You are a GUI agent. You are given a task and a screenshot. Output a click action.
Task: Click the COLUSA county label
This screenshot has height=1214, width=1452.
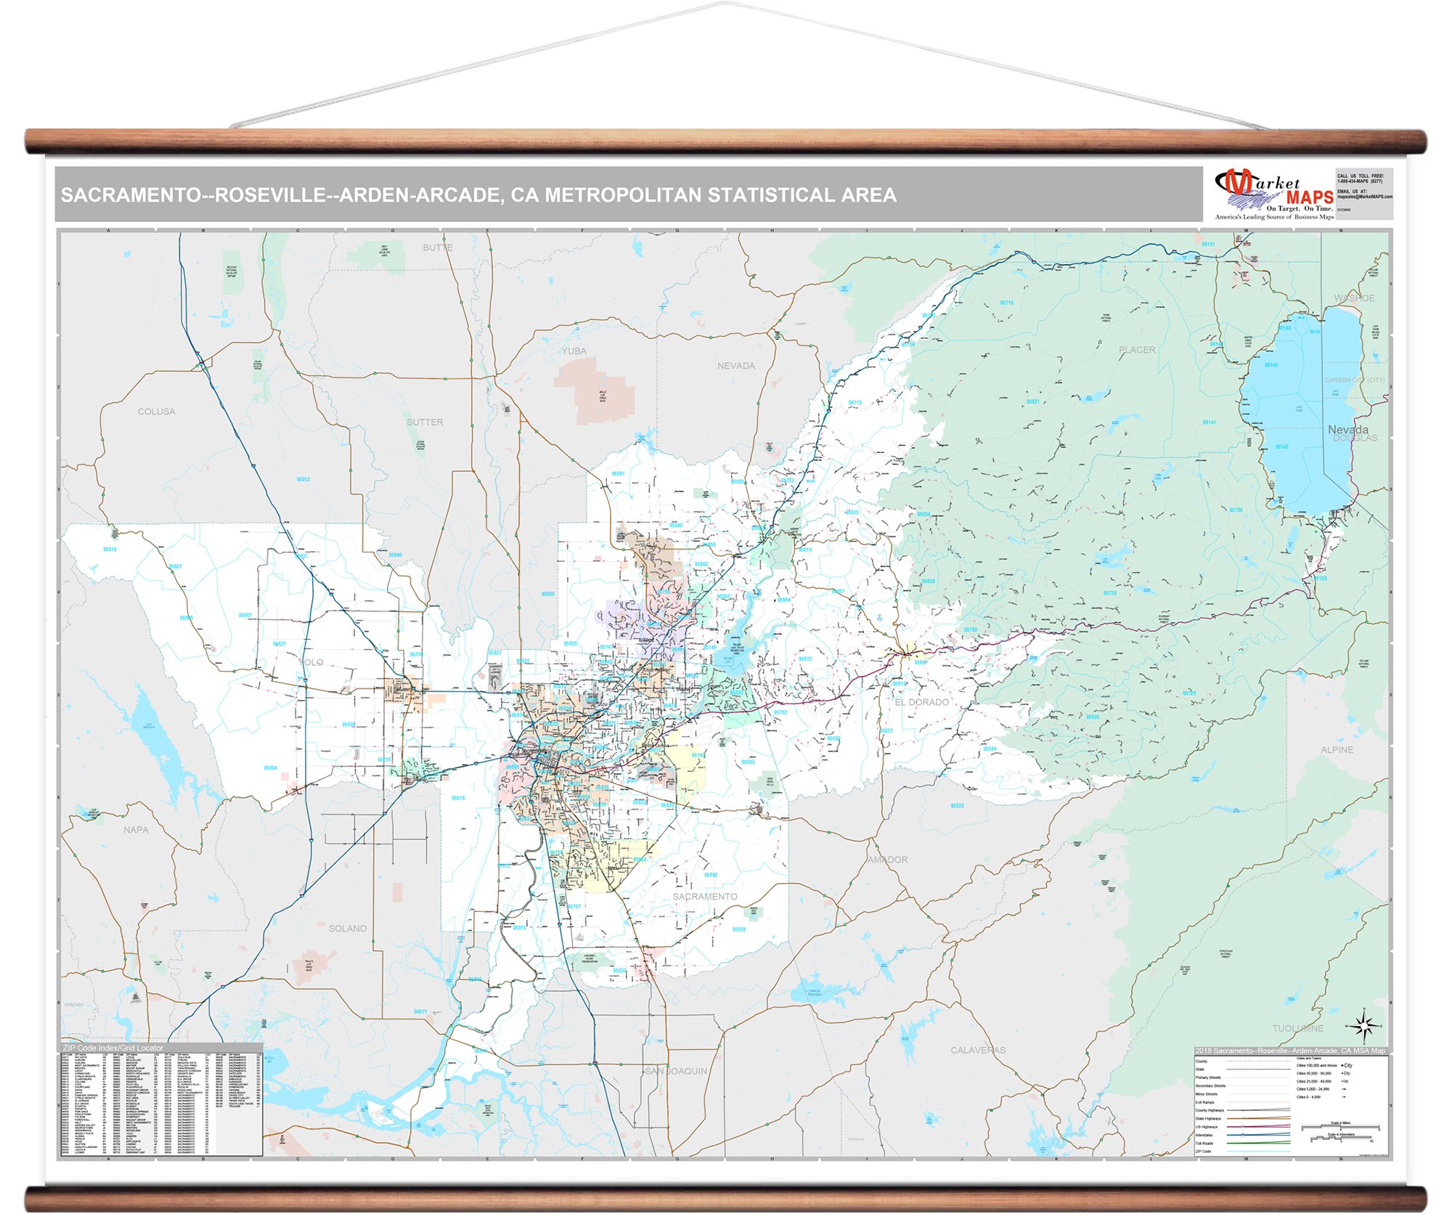tap(156, 412)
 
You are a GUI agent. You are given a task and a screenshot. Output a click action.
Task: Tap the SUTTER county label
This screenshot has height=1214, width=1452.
tap(425, 422)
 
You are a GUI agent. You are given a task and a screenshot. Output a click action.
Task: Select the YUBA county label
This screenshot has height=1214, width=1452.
tap(574, 351)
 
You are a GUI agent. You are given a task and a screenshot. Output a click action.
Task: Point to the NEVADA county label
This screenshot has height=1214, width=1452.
tap(735, 366)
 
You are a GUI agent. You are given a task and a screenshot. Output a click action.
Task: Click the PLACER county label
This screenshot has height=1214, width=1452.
tap(1137, 350)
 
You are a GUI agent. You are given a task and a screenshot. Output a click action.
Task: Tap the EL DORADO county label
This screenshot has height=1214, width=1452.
tap(921, 702)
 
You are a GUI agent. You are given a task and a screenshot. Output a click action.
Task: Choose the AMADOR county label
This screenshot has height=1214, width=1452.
tap(887, 860)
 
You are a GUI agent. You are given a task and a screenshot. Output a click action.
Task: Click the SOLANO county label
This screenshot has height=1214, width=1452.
tap(348, 929)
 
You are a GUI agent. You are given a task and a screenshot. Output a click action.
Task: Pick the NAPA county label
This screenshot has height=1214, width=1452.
tap(136, 830)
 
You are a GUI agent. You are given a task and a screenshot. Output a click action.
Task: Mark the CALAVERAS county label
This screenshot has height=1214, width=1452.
tap(978, 1050)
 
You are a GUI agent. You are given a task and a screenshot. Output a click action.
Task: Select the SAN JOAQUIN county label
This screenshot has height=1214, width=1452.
tap(676, 1071)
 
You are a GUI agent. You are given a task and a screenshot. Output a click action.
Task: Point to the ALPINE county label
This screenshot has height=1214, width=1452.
tap(1337, 749)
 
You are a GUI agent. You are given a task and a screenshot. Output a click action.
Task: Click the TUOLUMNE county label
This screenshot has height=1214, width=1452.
tap(1297, 1028)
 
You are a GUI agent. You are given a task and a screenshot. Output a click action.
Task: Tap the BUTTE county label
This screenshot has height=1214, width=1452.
tap(438, 248)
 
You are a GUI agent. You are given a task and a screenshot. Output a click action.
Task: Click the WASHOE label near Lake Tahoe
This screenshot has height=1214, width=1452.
tap(1354, 298)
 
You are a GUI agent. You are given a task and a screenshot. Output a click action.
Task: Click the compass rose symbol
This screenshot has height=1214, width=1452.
tap(1364, 1026)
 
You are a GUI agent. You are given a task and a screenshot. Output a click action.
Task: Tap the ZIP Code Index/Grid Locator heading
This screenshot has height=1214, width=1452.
tap(113, 1048)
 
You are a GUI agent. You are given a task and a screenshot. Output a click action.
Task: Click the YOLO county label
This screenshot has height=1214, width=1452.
tap(311, 662)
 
